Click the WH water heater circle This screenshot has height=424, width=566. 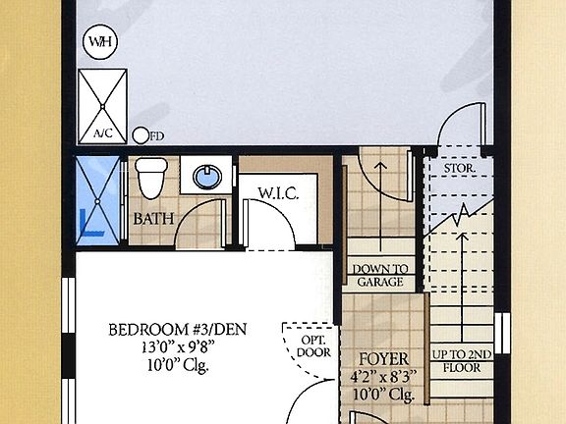pyautogui.click(x=99, y=42)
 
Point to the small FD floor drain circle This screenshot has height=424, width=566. pyautogui.click(x=141, y=135)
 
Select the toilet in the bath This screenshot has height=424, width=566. pyautogui.click(x=150, y=178)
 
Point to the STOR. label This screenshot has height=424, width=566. pyautogui.click(x=460, y=168)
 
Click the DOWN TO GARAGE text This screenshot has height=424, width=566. pyautogui.click(x=379, y=275)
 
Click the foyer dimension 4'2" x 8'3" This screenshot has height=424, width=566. pyautogui.click(x=381, y=377)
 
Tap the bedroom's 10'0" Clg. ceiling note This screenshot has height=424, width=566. pyautogui.click(x=174, y=365)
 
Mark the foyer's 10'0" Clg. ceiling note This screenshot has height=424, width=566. pyautogui.click(x=381, y=395)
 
